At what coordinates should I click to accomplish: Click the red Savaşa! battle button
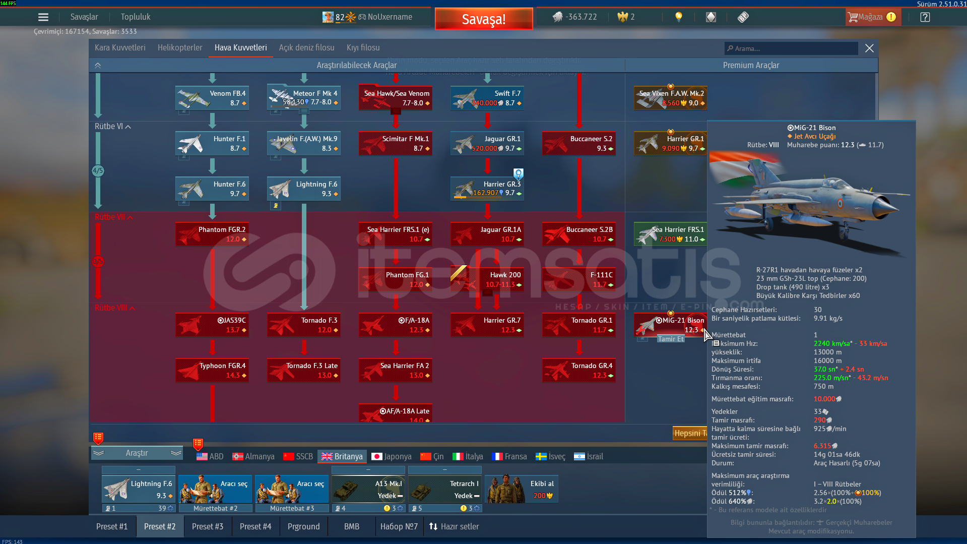tap(483, 19)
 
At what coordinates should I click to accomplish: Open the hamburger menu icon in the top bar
tap(43, 17)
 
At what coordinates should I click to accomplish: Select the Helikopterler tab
tap(180, 48)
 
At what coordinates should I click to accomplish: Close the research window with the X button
tap(869, 48)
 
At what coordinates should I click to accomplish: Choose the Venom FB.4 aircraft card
tap(212, 98)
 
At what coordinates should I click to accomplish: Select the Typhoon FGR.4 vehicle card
tap(212, 370)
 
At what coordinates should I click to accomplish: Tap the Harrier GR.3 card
tap(487, 189)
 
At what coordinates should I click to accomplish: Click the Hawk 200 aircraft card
tap(487, 279)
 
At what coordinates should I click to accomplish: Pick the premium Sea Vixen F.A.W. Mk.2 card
tap(671, 98)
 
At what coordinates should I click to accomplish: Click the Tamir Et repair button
tap(671, 339)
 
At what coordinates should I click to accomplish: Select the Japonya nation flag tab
tap(392, 456)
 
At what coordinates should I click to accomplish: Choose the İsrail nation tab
tap(588, 456)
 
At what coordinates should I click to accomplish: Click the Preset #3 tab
tap(207, 526)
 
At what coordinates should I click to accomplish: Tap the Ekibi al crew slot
tap(522, 489)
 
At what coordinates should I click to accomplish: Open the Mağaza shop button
tap(872, 17)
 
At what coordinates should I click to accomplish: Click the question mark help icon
tap(925, 17)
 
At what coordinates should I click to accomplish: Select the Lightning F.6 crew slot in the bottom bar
tap(139, 489)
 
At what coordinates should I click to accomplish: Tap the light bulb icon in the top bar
tap(679, 17)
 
